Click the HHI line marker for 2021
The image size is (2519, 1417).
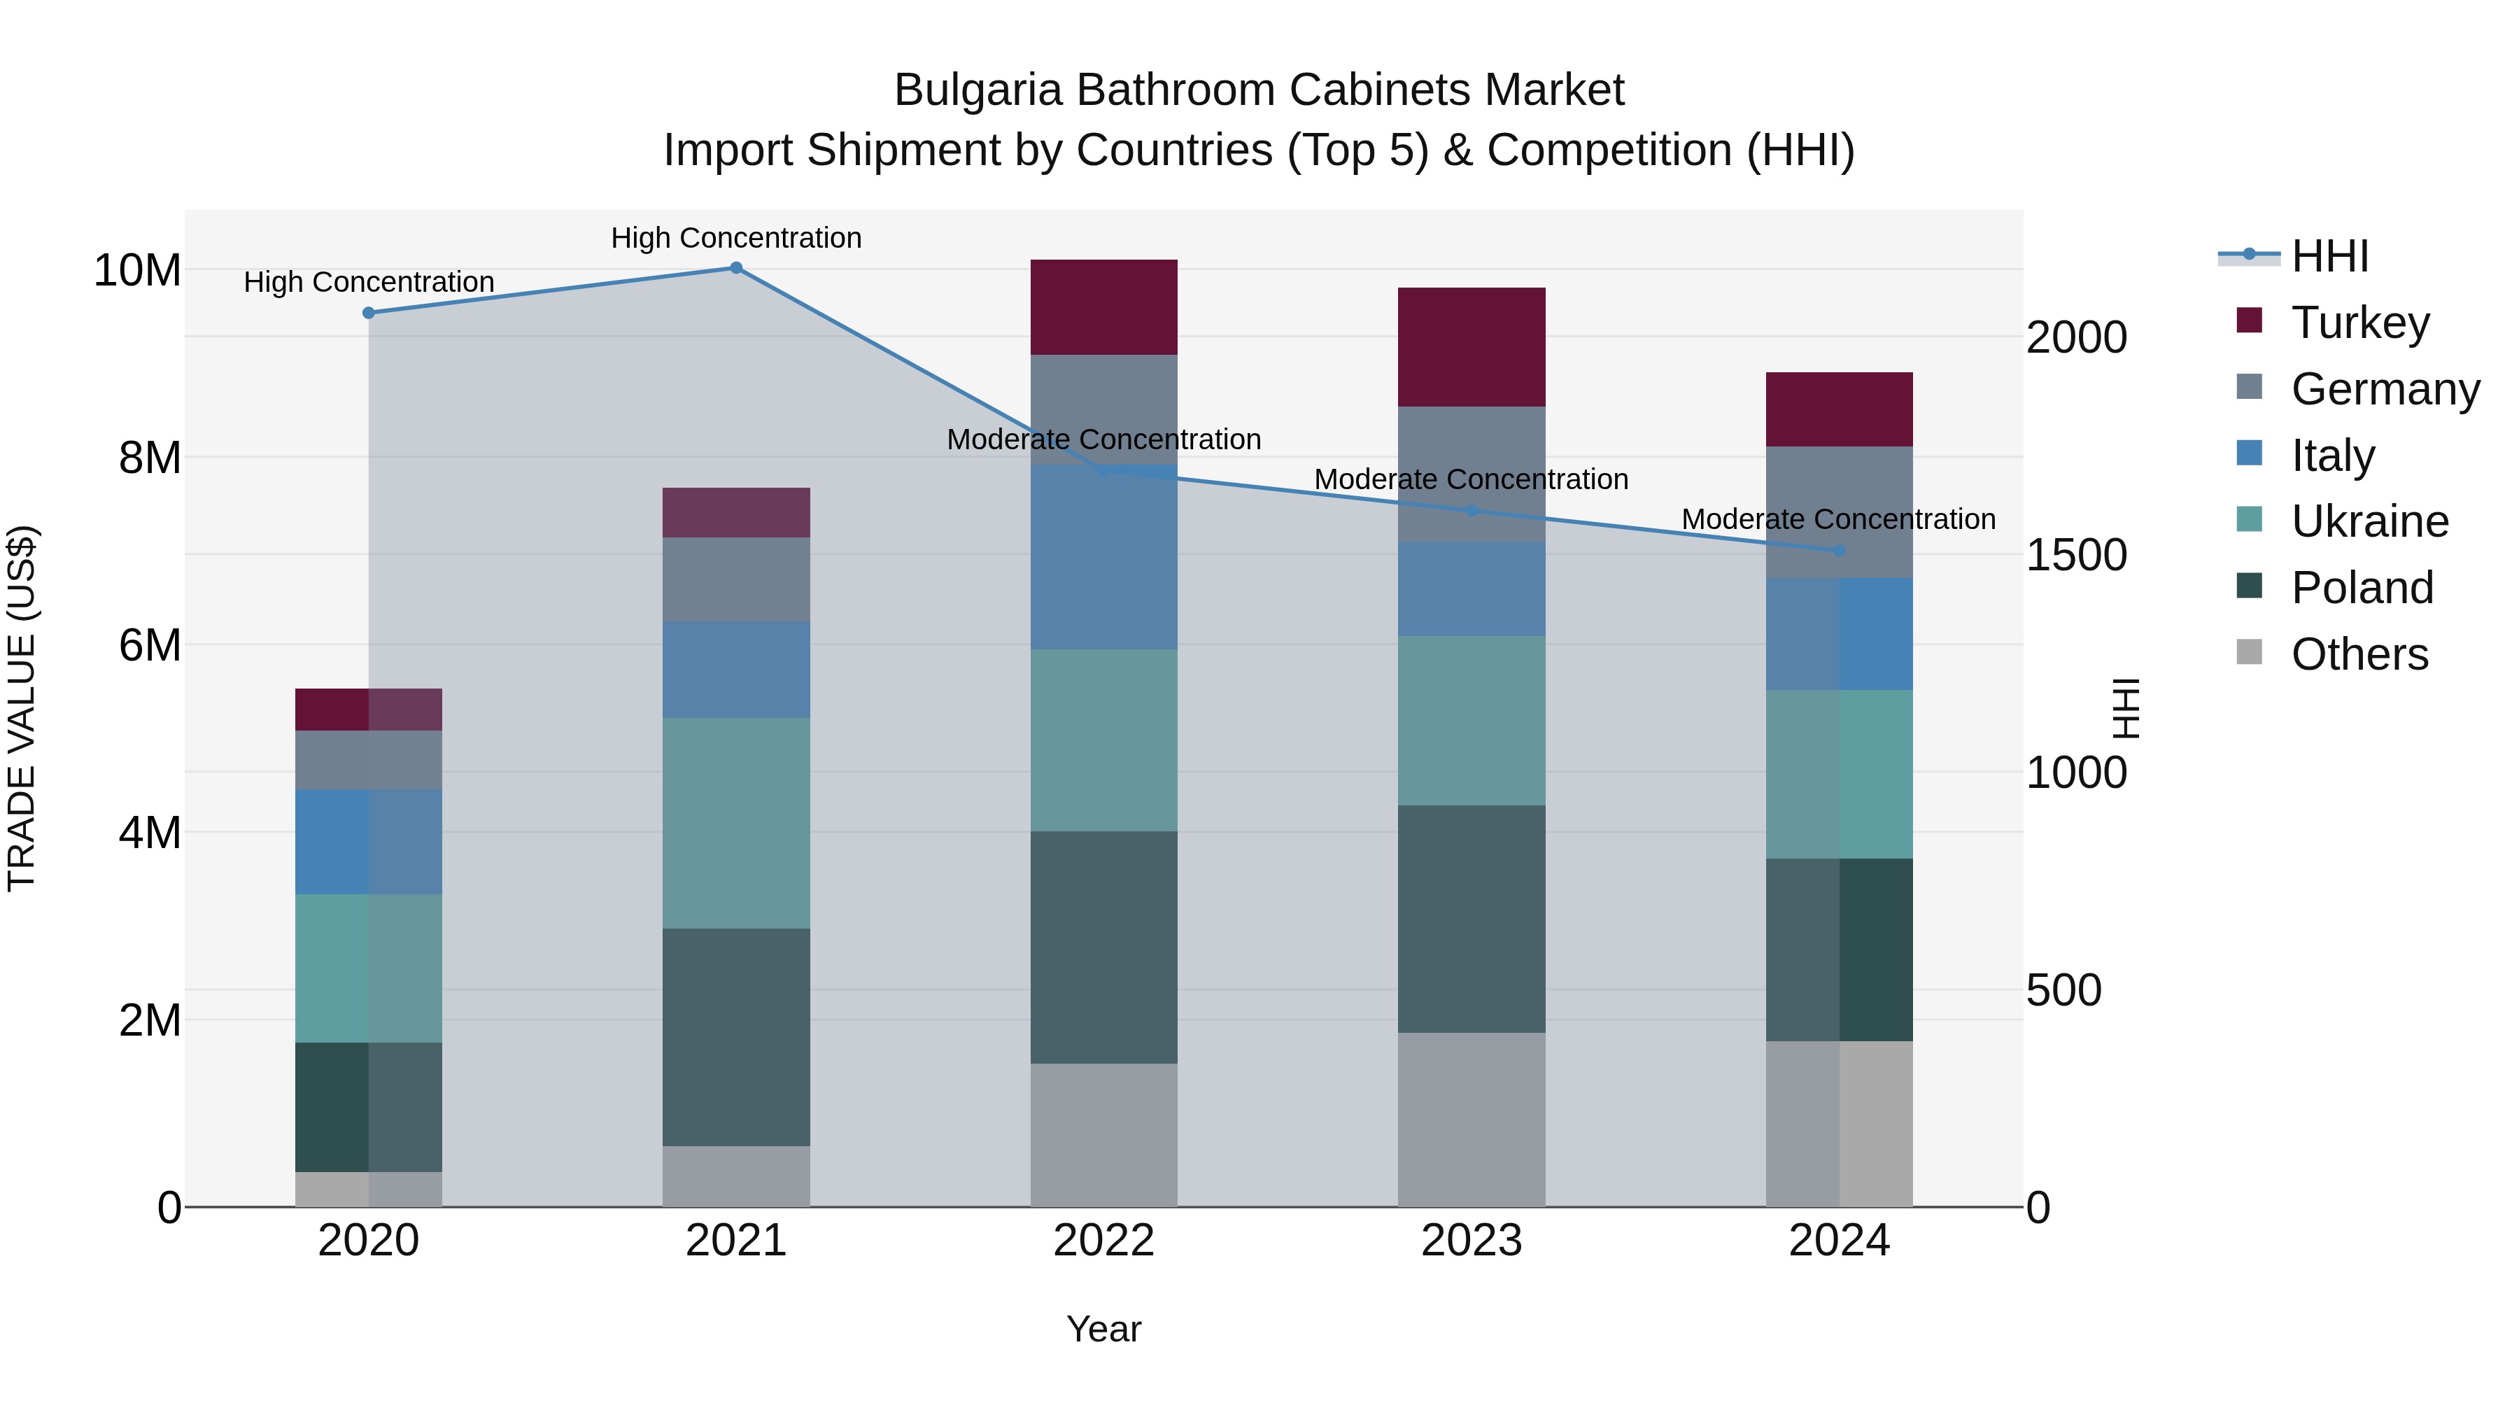pos(736,268)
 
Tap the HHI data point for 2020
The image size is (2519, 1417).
pos(369,313)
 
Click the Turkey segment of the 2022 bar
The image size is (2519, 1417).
pos(1104,307)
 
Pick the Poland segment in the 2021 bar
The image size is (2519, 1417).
pos(736,1036)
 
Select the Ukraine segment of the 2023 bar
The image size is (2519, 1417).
pos(1472,721)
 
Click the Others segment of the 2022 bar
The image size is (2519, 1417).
pos(1104,1134)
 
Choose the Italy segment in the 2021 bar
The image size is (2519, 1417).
pos(736,670)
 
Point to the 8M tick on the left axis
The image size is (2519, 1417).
pos(150,458)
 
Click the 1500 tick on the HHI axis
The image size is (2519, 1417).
pos(2076,556)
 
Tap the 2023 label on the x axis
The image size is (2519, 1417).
pos(1472,1241)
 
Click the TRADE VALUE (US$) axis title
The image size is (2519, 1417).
pos(22,708)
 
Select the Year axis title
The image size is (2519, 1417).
pos(1104,1329)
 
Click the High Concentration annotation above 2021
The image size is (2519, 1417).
pos(736,238)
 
